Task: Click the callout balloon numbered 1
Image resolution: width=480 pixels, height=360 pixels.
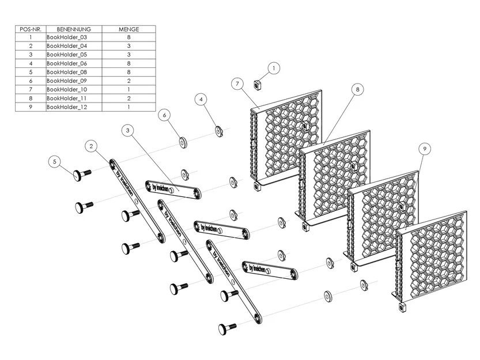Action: (274, 68)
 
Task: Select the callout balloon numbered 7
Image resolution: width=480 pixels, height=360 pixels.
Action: (237, 84)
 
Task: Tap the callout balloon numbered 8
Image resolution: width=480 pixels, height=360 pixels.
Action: (357, 89)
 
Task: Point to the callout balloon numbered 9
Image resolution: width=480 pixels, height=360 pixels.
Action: (425, 149)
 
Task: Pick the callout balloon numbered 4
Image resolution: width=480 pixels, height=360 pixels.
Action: (201, 99)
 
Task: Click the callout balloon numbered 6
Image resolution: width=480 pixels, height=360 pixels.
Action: (164, 115)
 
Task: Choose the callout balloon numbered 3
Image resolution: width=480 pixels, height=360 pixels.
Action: (128, 130)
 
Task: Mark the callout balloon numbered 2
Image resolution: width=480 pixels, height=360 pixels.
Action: (91, 146)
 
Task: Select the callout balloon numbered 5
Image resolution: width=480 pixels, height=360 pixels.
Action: (55, 162)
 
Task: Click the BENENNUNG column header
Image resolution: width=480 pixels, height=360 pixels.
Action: (74, 29)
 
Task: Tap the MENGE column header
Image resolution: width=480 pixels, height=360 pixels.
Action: (129, 29)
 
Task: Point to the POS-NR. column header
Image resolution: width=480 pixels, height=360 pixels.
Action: (31, 29)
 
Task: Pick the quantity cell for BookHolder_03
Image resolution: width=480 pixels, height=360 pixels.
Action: (129, 37)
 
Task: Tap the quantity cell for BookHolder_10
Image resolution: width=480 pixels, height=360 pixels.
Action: (129, 89)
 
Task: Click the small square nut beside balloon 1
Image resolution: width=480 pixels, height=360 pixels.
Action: (258, 85)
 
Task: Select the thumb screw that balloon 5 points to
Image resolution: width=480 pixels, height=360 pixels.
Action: (82, 175)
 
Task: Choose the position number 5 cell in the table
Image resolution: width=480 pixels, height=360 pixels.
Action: (31, 72)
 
